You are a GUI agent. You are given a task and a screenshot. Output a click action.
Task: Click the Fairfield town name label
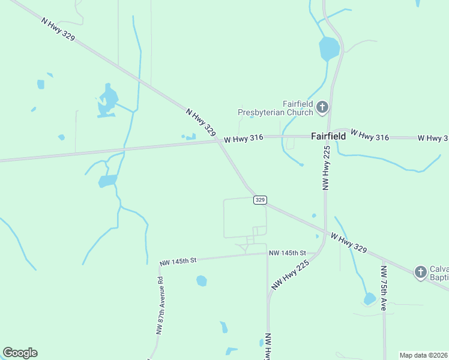[x=328, y=136]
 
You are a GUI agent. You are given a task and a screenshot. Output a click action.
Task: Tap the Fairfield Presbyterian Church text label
[x=276, y=108]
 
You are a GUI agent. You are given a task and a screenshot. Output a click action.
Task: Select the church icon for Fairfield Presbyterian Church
[x=322, y=108]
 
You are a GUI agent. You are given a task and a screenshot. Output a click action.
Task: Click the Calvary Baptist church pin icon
[x=421, y=272]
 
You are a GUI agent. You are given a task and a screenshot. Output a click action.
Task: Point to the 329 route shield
[x=259, y=200]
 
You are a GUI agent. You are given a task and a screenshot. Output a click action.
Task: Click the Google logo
[x=20, y=353]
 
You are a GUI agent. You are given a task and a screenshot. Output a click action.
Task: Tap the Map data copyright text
[x=424, y=355]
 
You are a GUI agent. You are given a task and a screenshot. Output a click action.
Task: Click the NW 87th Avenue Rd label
[x=160, y=305]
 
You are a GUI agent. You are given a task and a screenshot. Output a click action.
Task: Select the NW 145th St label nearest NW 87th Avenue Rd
[x=179, y=261]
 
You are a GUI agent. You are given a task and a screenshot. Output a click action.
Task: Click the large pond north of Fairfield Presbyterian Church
[x=329, y=48]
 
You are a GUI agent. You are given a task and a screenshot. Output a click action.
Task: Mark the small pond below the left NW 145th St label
[x=201, y=280]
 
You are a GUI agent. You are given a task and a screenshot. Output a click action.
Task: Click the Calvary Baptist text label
[x=439, y=272]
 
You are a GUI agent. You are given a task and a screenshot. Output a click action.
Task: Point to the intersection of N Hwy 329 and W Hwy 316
[x=218, y=142]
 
